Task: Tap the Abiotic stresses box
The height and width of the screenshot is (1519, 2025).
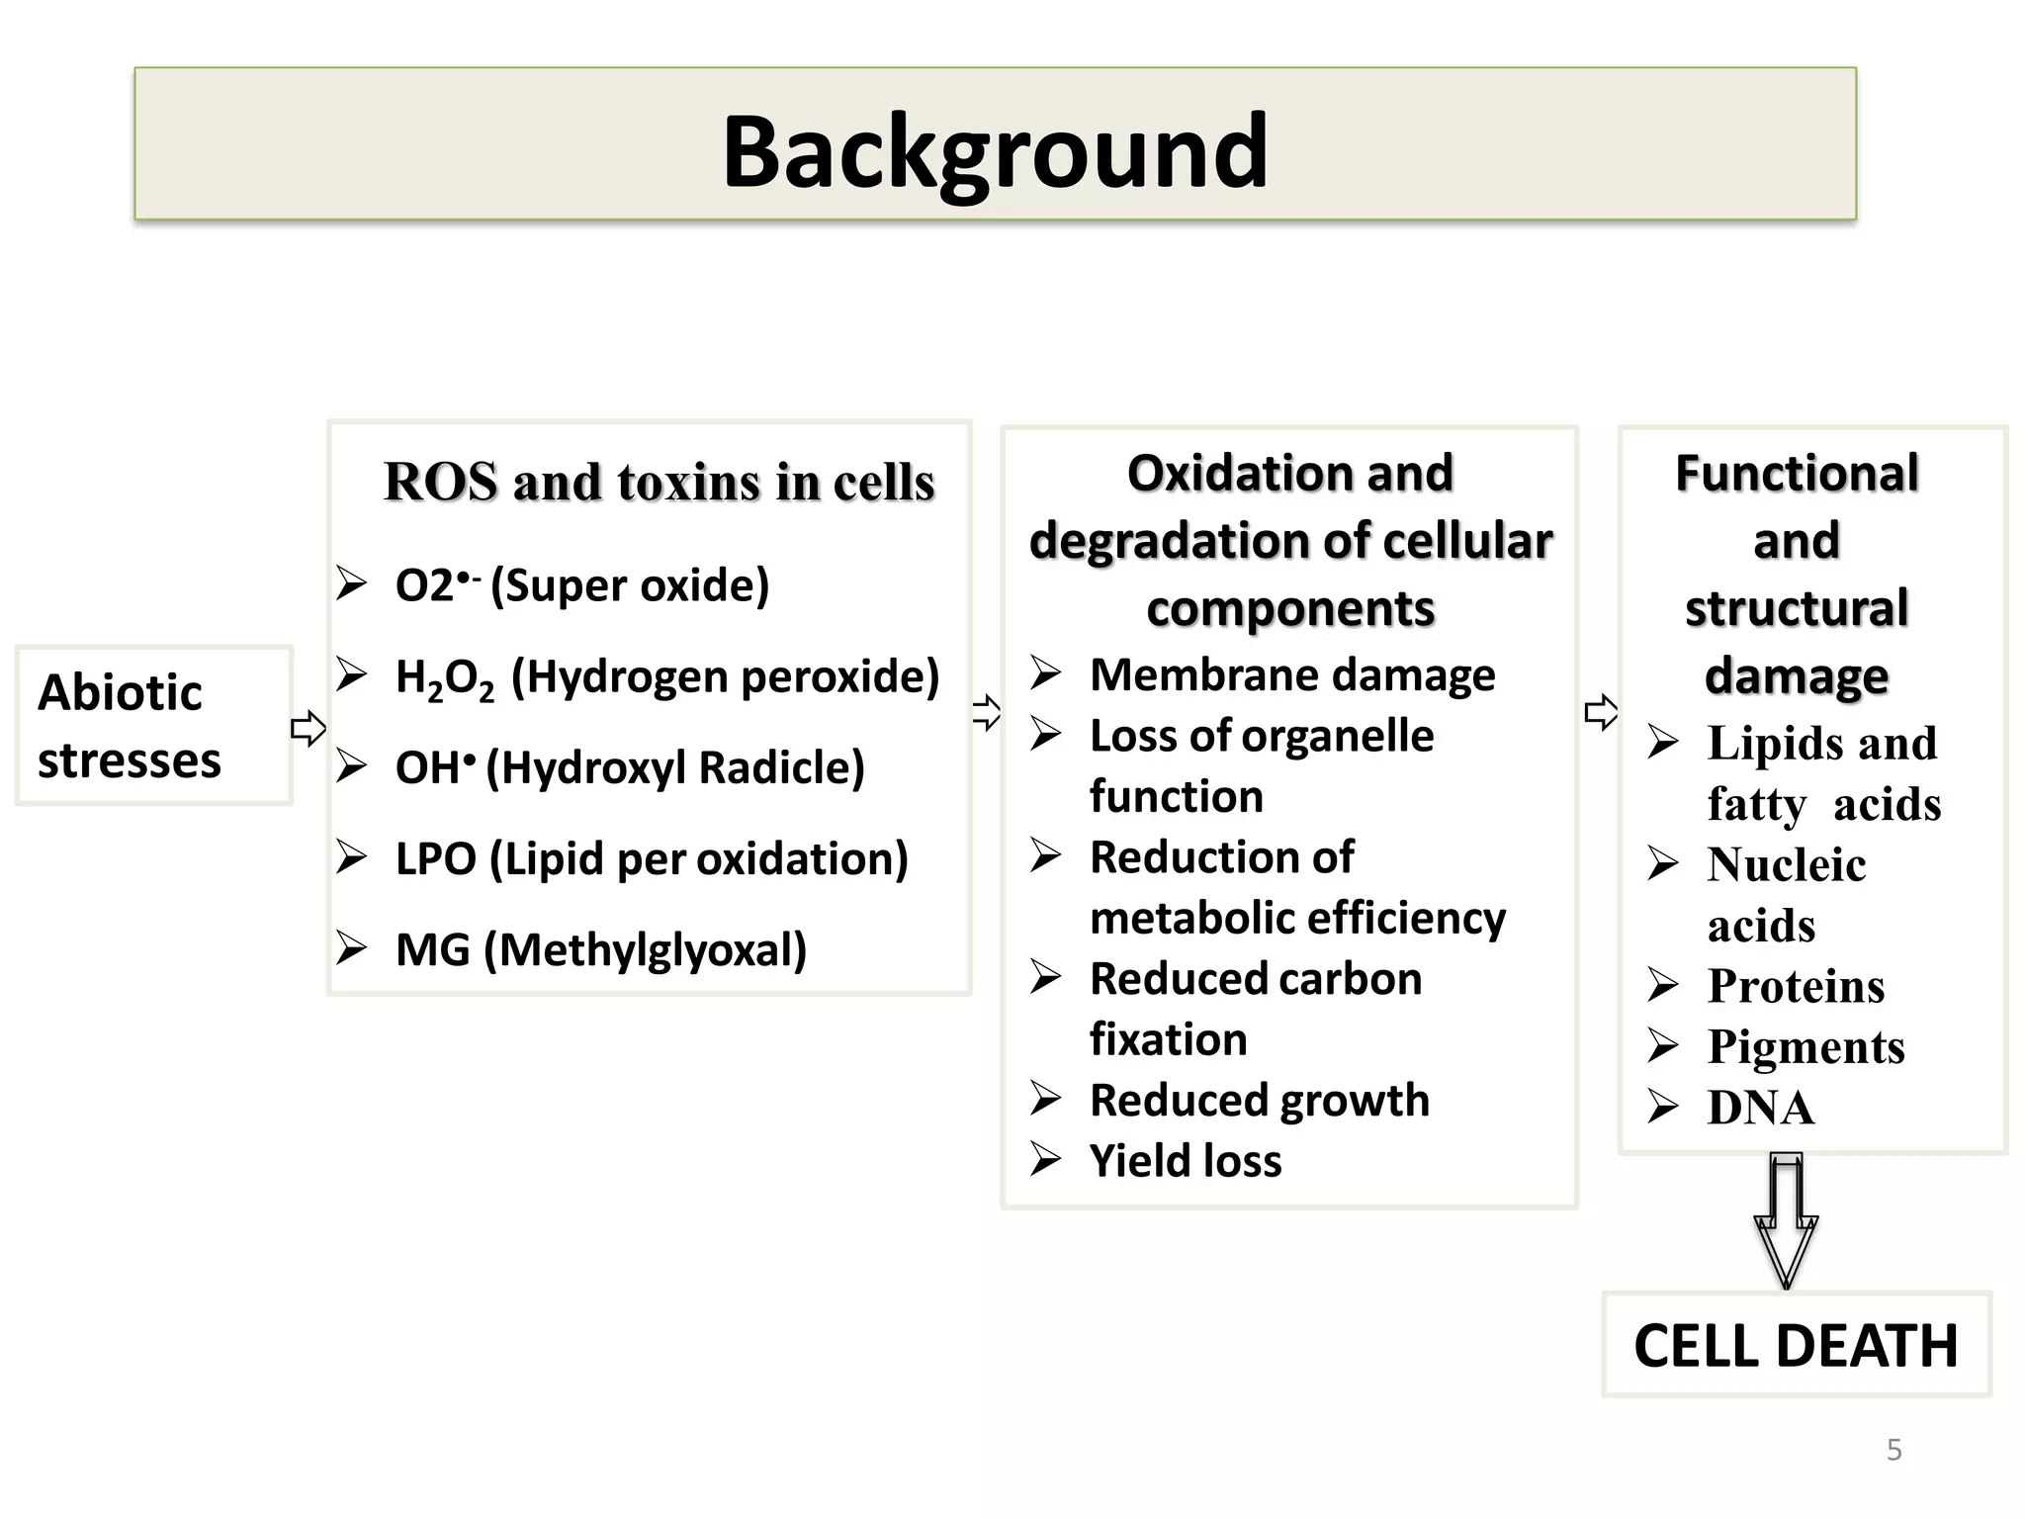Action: pyautogui.click(x=153, y=725)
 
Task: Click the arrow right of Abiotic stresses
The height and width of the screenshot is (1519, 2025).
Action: pyautogui.click(x=308, y=729)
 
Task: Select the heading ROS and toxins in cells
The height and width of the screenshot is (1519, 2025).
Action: pyautogui.click(x=659, y=482)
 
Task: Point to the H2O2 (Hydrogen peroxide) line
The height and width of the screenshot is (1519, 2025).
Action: pyautogui.click(x=666, y=677)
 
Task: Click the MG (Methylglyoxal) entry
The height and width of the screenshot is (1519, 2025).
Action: pyautogui.click(x=601, y=950)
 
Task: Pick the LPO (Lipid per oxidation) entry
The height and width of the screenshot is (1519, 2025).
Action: pyautogui.click(x=651, y=858)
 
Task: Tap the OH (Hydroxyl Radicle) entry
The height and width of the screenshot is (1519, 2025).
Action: pyautogui.click(x=630, y=767)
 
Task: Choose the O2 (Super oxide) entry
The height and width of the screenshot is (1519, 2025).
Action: pyautogui.click(x=581, y=585)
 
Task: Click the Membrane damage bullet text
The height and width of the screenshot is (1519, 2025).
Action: pyautogui.click(x=1291, y=675)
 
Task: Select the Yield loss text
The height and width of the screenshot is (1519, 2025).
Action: pyautogui.click(x=1185, y=1161)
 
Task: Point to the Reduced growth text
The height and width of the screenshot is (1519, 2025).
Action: pyautogui.click(x=1259, y=1101)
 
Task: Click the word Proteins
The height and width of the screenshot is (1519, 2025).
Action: pyautogui.click(x=1796, y=986)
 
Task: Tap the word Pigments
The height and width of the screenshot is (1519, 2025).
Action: pyautogui.click(x=1805, y=1046)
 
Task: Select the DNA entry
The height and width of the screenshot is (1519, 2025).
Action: pyautogui.click(x=1760, y=1108)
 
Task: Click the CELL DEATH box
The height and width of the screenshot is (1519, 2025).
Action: pyautogui.click(x=1796, y=1345)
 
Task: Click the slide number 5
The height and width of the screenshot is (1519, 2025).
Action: pyautogui.click(x=1893, y=1450)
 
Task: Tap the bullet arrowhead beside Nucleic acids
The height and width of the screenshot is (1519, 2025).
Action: pyautogui.click(x=1663, y=864)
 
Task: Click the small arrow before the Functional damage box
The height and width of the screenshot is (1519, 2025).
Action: pyautogui.click(x=1600, y=712)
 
